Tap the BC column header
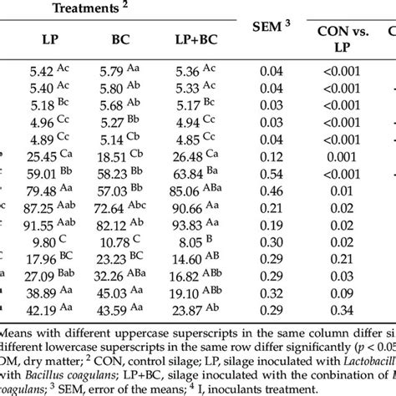(123, 40)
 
